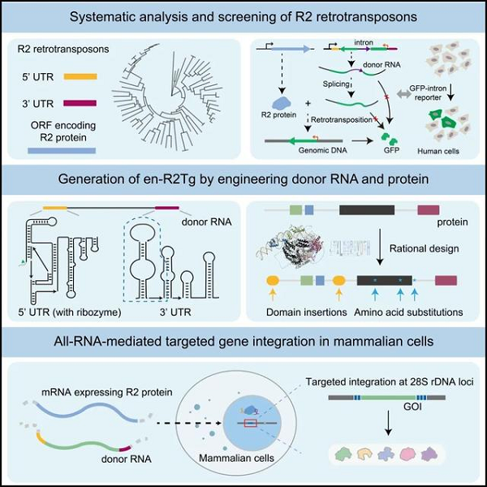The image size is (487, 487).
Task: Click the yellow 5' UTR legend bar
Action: [80, 77]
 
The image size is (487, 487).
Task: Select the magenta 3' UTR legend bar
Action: [80, 103]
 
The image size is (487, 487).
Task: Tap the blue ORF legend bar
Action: [62, 151]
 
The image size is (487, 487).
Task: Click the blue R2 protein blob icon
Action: [281, 103]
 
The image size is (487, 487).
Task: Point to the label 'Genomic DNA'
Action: [323, 150]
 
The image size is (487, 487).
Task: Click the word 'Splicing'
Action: [336, 84]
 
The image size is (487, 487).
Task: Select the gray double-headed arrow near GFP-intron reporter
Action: [403, 94]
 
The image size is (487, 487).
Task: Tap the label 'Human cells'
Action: [438, 151]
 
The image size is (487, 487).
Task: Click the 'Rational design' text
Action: [424, 248]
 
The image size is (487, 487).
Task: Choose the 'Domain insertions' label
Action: [306, 312]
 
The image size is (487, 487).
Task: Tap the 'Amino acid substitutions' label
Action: [408, 312]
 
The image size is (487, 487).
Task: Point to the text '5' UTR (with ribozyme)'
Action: [70, 312]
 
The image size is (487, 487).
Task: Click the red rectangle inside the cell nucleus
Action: [250, 423]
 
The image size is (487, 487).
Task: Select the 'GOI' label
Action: [412, 407]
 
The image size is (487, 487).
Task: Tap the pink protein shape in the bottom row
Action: [407, 454]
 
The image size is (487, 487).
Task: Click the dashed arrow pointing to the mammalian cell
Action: [189, 423]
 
